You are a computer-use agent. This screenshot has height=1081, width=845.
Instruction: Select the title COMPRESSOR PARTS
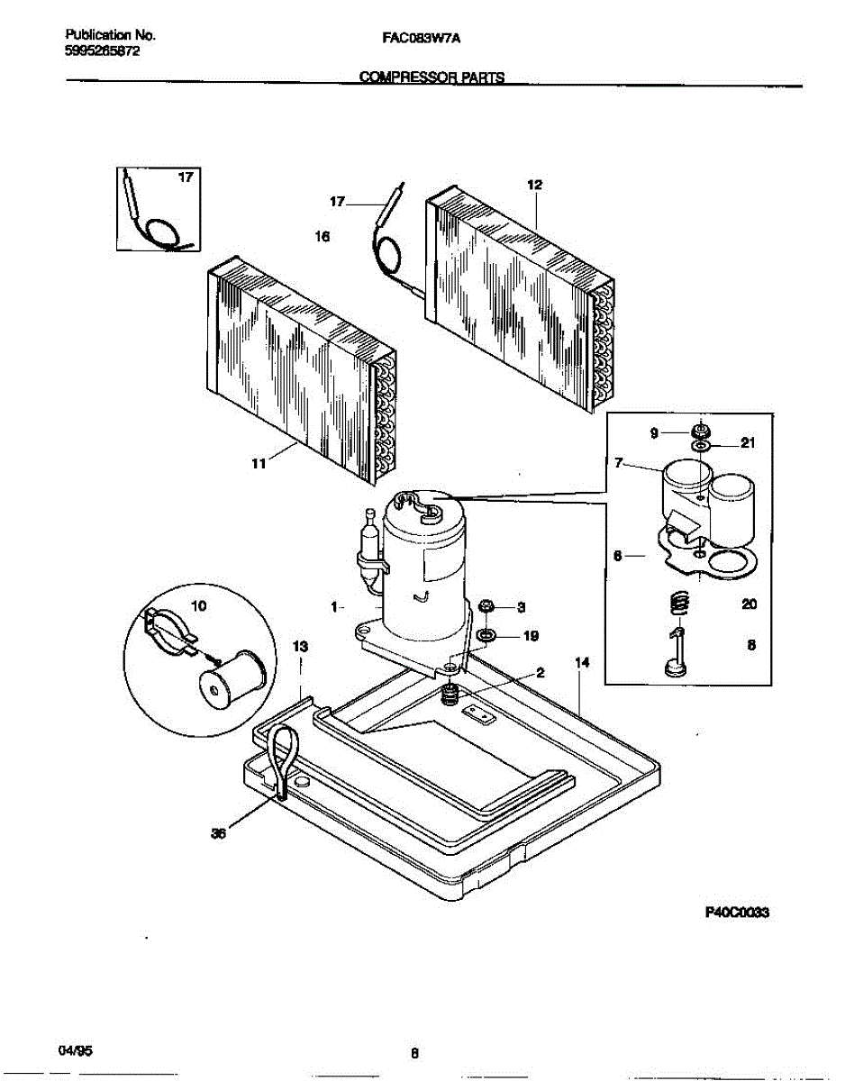tap(432, 78)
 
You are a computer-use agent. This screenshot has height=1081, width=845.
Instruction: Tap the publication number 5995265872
tap(103, 51)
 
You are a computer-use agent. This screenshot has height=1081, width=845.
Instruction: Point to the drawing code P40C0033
tap(741, 911)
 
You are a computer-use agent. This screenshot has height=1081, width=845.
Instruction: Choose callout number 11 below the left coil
tap(259, 463)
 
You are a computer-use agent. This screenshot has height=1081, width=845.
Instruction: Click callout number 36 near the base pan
tap(217, 834)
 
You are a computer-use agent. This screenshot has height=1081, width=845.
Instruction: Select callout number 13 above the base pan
tap(301, 647)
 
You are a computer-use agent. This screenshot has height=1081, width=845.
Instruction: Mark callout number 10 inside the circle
tap(199, 606)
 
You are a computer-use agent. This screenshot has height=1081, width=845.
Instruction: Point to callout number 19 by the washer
tap(531, 636)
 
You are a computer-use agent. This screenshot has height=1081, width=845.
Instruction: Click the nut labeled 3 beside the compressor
tap(485, 605)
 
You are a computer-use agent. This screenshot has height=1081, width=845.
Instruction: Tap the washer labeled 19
tap(486, 637)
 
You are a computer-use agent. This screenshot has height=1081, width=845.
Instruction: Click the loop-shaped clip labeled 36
tap(282, 757)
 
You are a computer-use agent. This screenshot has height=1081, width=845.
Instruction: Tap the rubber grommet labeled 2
tap(453, 695)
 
